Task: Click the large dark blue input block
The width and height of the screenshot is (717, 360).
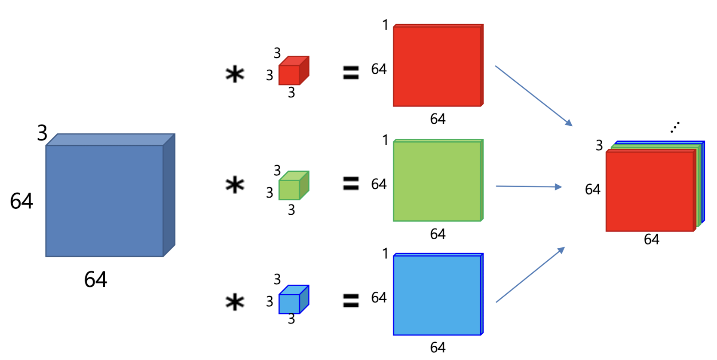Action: pos(104,200)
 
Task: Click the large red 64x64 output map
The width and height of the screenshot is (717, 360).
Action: pos(437,66)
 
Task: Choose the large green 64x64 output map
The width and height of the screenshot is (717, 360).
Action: pos(437,181)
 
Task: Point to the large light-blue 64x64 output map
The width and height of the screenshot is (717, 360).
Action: pos(437,295)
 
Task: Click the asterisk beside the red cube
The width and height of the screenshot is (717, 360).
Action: pos(235,74)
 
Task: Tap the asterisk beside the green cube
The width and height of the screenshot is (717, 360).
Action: pos(235,185)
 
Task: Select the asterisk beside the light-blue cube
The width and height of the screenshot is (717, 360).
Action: pos(235,302)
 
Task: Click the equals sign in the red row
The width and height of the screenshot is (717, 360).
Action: pos(351,73)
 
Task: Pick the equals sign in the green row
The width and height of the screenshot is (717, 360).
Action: pos(351,183)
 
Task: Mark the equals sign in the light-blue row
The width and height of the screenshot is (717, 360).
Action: pos(351,300)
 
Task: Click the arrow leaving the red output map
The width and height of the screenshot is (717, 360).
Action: pos(533,96)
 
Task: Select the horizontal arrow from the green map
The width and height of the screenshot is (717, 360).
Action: pos(529,186)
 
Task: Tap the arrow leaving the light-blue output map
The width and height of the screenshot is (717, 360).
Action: pos(530,275)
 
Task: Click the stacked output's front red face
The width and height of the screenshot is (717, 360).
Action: pos(650,192)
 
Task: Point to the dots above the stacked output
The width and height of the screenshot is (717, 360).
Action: pos(675,127)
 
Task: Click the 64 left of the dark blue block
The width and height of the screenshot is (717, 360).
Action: pos(21,201)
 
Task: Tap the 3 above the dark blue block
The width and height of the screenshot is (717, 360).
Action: pos(42,133)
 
